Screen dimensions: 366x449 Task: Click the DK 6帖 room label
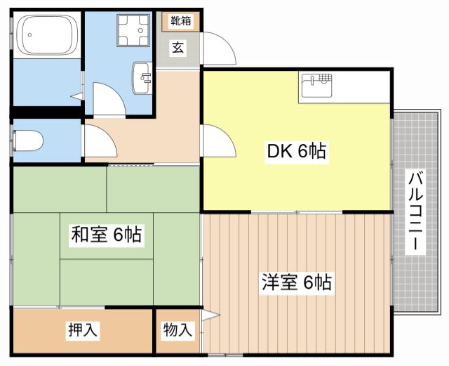coord(297,150)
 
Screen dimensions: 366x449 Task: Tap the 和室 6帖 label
coord(106,234)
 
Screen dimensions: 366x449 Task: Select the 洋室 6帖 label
coord(296,282)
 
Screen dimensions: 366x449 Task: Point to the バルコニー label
coord(415,212)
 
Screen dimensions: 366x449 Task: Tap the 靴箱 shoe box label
coord(180,21)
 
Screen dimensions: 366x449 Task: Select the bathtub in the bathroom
coord(46,35)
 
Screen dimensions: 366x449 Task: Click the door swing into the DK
coord(220,143)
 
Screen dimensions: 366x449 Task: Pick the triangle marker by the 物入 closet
coord(207,316)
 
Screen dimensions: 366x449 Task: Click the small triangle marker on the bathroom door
coord(75,96)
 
